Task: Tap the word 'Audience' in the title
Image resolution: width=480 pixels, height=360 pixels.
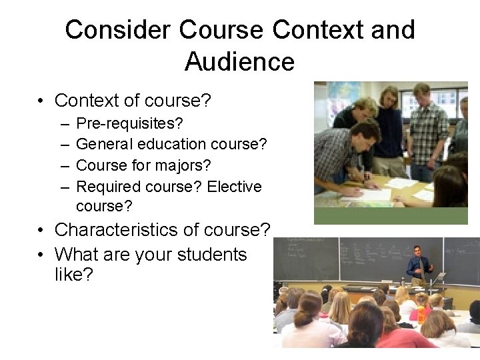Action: [x=239, y=62]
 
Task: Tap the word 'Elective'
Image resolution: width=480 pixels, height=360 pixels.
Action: [x=234, y=187]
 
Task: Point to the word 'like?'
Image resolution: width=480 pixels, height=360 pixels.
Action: [x=73, y=275]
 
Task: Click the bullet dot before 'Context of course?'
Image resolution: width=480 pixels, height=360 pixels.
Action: [x=41, y=101]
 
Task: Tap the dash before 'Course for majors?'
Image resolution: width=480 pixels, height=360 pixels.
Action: [x=62, y=165]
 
